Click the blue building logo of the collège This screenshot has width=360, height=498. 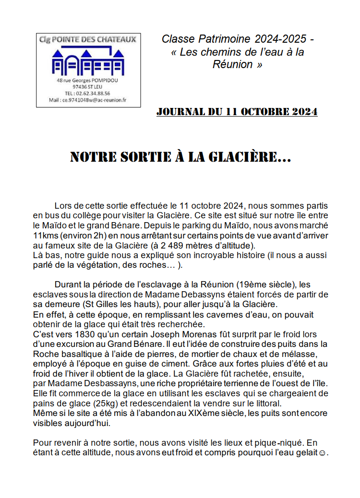click(x=88, y=60)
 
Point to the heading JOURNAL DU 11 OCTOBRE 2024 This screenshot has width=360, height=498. click(x=237, y=112)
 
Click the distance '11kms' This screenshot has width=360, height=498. click(x=45, y=235)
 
